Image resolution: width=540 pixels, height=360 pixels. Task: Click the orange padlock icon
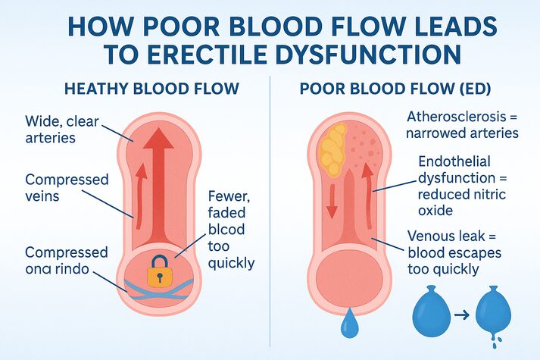156,271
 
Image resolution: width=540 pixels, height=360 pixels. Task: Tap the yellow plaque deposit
333,149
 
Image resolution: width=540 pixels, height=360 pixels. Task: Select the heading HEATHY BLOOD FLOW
152,89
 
